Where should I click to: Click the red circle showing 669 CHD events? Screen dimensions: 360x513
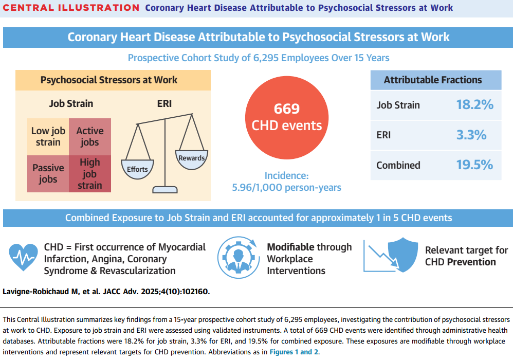tap(286, 117)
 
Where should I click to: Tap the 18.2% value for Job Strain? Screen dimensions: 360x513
tap(474, 105)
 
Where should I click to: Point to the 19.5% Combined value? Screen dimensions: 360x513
tap(474, 165)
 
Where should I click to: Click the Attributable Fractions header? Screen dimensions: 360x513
tap(433, 80)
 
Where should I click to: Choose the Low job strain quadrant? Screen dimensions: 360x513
tap(48, 136)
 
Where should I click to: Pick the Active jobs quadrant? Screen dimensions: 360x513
tap(90, 136)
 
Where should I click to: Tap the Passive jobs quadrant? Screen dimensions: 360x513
tap(48, 173)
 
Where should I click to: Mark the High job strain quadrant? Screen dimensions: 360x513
tap(90, 173)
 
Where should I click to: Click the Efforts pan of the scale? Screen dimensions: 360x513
tap(137, 169)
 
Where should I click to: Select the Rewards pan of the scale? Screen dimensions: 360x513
tap(191, 158)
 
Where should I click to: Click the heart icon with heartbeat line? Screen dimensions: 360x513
tap(24, 256)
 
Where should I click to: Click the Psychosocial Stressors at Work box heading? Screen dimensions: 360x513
tap(109, 80)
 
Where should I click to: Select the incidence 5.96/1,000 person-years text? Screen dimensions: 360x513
tap(286, 182)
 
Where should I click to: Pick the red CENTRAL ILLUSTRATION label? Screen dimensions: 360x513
tap(71, 8)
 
